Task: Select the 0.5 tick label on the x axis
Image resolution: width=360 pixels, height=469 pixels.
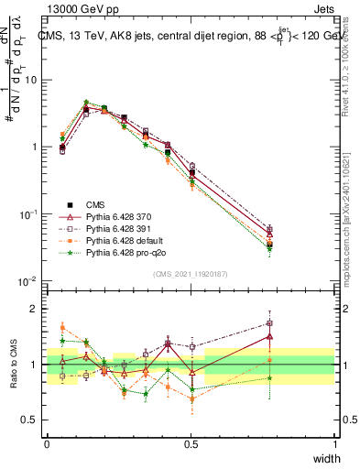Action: [x=191, y=444]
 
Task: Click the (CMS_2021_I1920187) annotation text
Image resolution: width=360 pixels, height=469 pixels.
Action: [x=191, y=274]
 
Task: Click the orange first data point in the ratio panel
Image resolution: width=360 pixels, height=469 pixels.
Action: [x=62, y=327]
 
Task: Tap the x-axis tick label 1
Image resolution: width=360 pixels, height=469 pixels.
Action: [x=334, y=444]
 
